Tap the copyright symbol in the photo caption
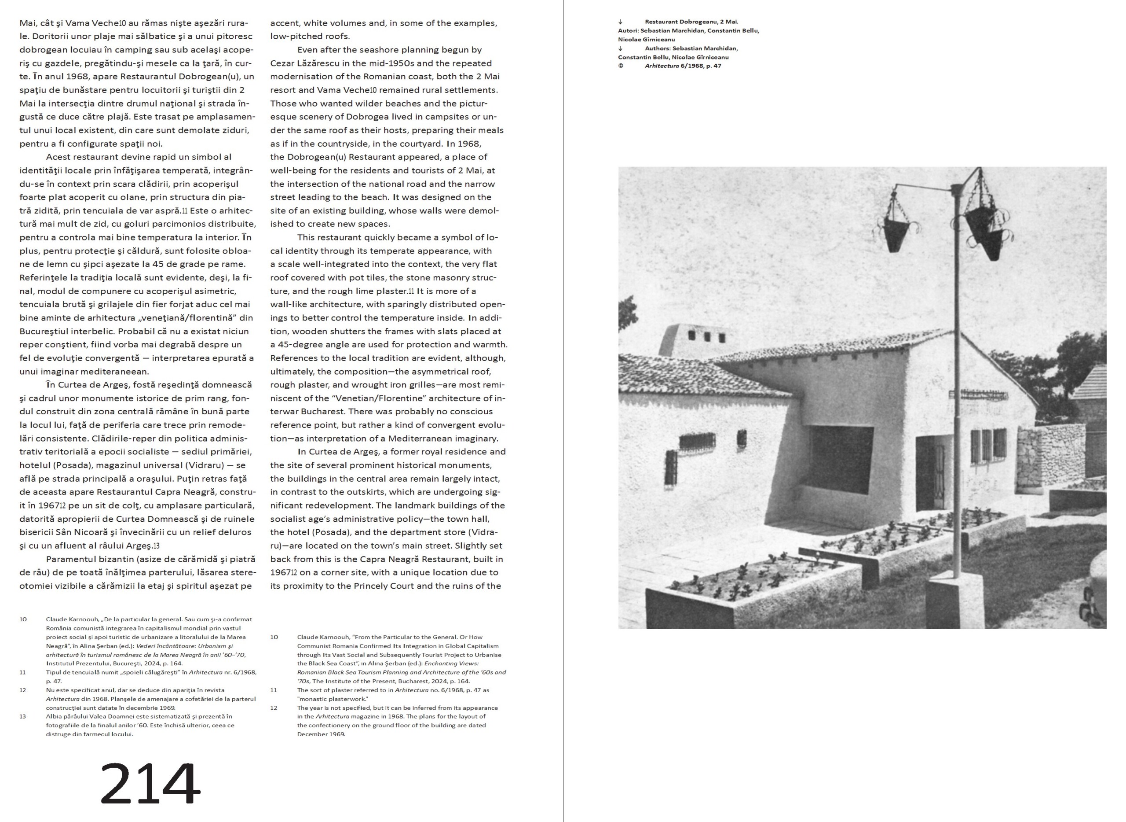click(x=621, y=66)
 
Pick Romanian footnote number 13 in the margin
click(x=23, y=716)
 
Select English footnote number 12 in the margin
click(x=274, y=708)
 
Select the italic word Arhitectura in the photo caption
click(x=661, y=66)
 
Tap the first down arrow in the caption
click(x=621, y=22)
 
